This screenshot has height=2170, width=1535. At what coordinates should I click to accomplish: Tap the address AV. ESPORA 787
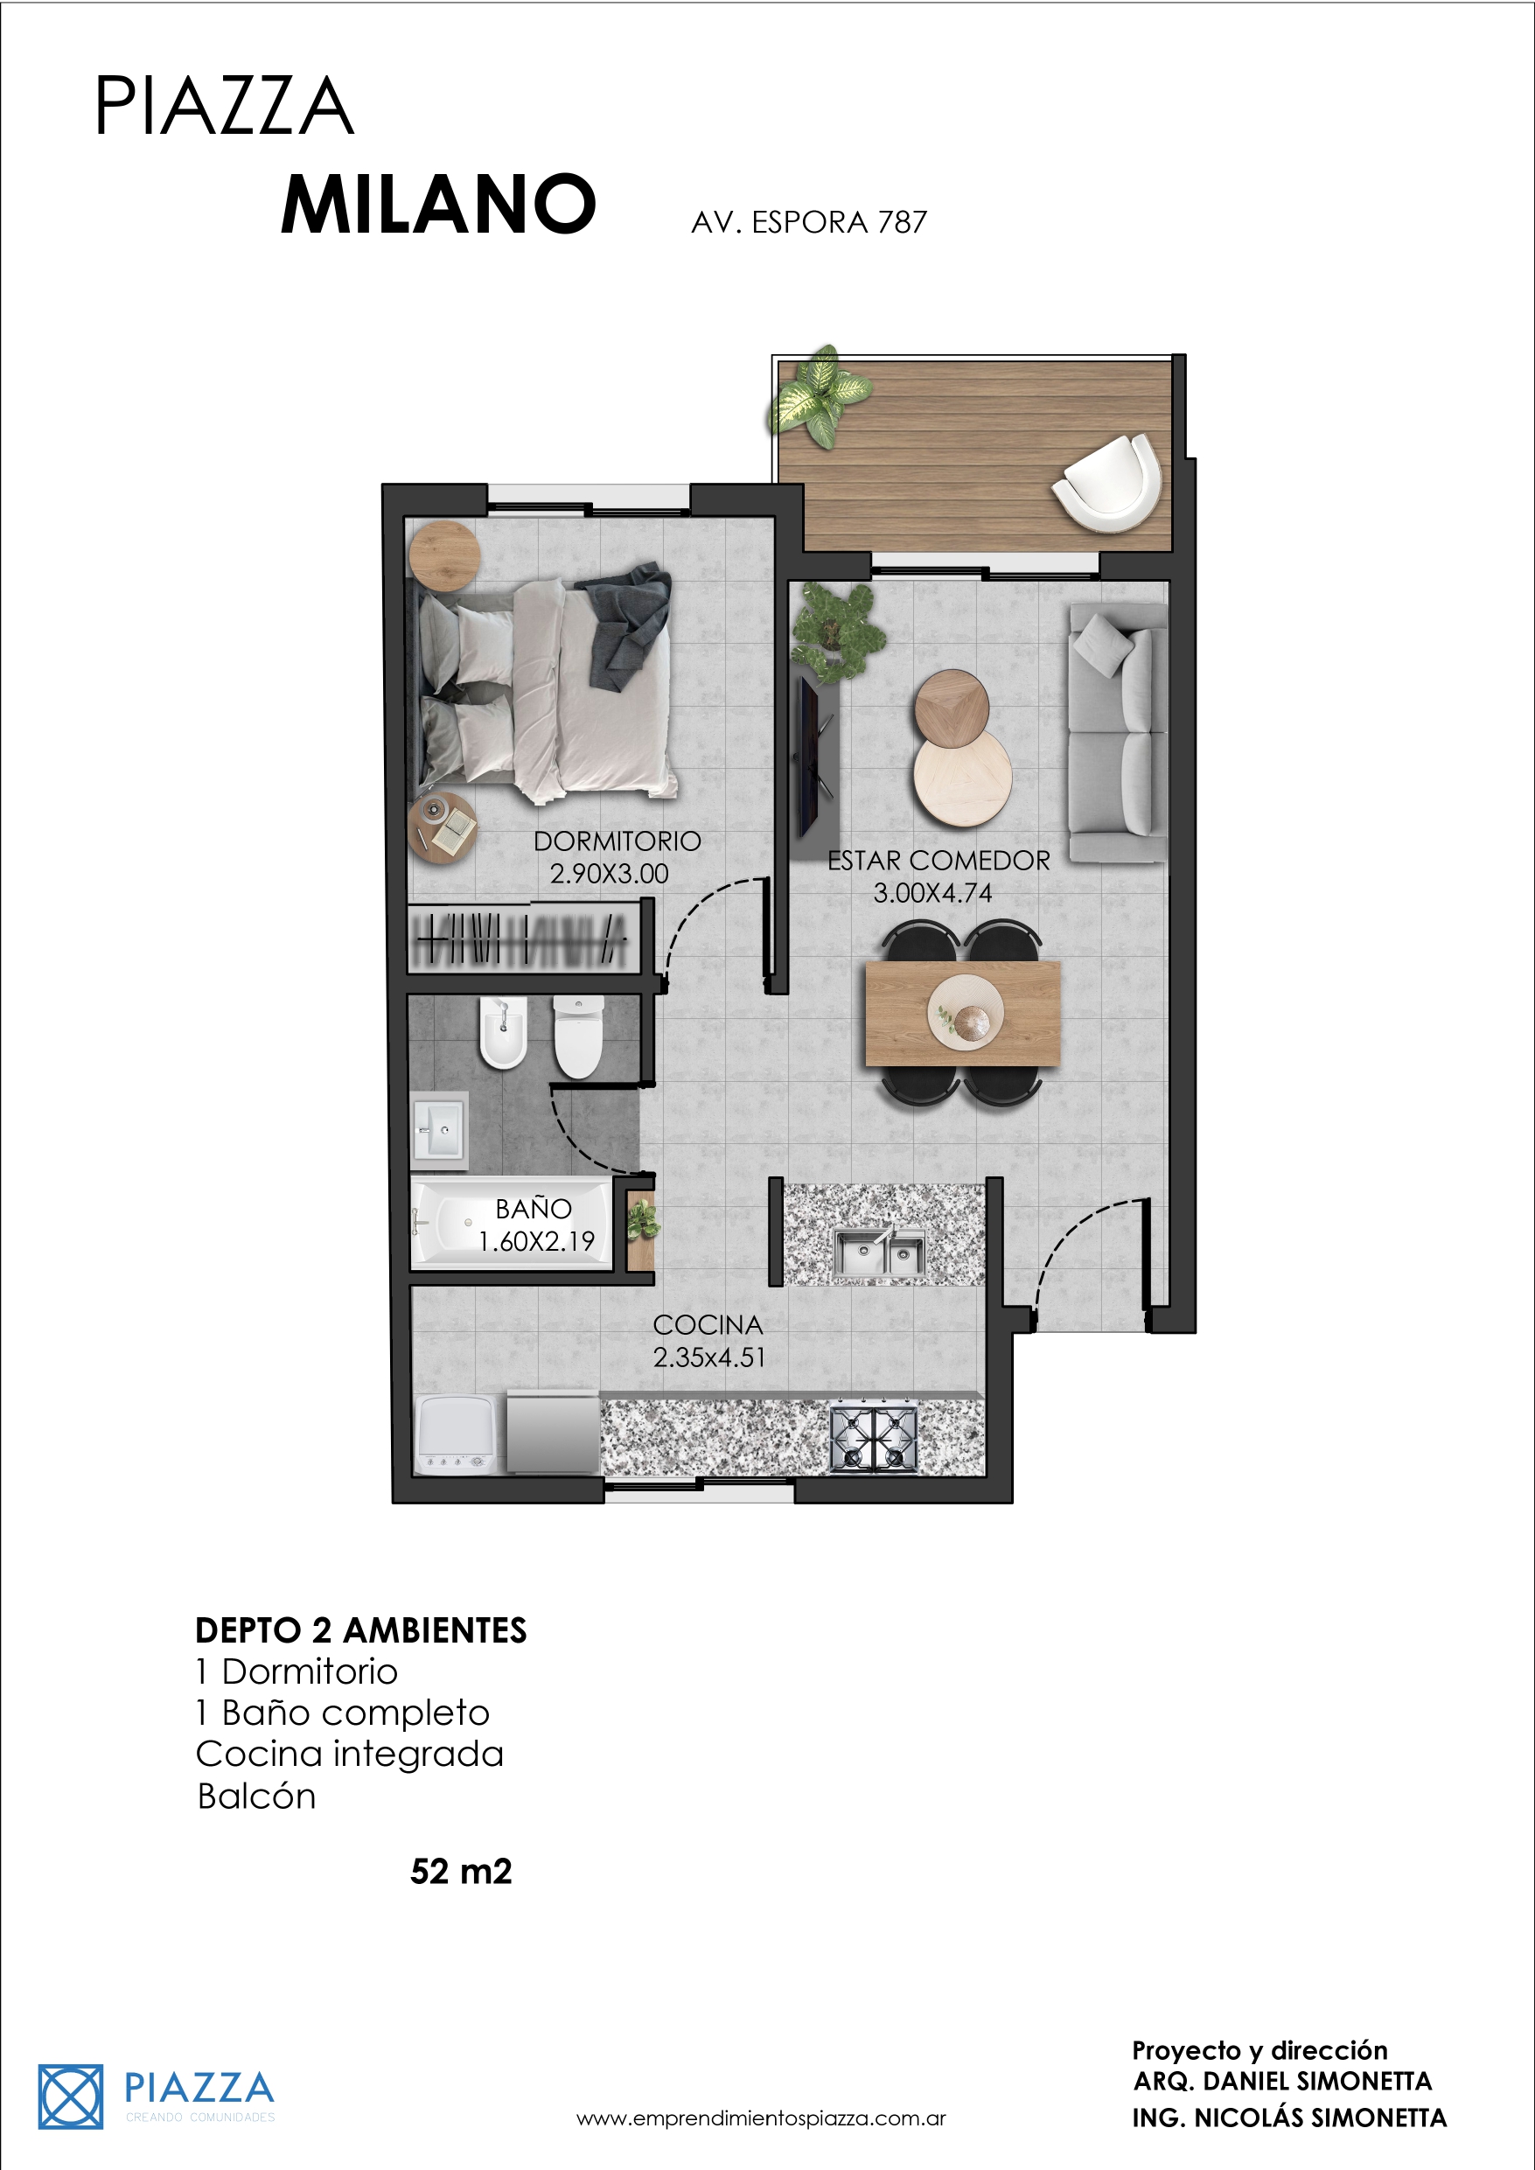[x=809, y=222]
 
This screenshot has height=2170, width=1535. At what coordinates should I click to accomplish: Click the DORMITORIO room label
[x=617, y=841]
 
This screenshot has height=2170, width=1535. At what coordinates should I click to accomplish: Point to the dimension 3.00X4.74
[x=932, y=893]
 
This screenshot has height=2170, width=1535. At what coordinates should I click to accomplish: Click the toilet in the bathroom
[x=578, y=1036]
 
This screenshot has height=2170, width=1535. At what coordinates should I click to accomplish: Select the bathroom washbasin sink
[x=438, y=1126]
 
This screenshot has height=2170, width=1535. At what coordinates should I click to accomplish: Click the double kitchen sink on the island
[x=880, y=1251]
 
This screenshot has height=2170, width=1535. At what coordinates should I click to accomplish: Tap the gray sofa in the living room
[x=1117, y=734]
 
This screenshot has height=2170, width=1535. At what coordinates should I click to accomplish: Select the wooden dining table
[x=963, y=1013]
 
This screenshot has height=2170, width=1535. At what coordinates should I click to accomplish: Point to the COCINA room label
[x=708, y=1325]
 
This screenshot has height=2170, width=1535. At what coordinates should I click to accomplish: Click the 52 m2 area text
[x=461, y=1872]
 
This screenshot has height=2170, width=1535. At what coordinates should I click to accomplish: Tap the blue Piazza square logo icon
[x=70, y=2097]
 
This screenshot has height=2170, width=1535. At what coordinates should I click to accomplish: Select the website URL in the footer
[x=761, y=2118]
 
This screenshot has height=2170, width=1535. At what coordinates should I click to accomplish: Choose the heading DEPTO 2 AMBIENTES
[x=361, y=1630]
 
